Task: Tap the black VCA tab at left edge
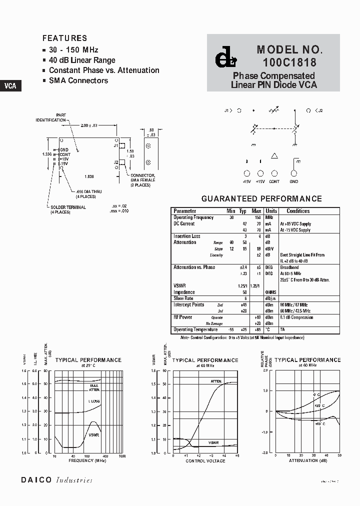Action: tap(10, 85)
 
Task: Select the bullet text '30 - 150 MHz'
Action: tap(73, 50)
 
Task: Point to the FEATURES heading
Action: tap(64, 38)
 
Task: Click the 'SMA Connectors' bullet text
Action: tap(78, 80)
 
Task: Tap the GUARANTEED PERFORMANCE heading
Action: tap(261, 198)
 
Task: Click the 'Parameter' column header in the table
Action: tap(184, 211)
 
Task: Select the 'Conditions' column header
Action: tap(298, 211)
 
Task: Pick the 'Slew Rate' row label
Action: tap(183, 298)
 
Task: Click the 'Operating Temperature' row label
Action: tap(195, 330)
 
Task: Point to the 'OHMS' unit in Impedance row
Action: tap(270, 292)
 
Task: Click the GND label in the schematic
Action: tap(293, 181)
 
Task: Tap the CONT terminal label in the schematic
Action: tap(274, 181)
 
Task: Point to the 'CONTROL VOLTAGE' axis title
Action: tap(205, 460)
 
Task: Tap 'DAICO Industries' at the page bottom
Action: tap(56, 480)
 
